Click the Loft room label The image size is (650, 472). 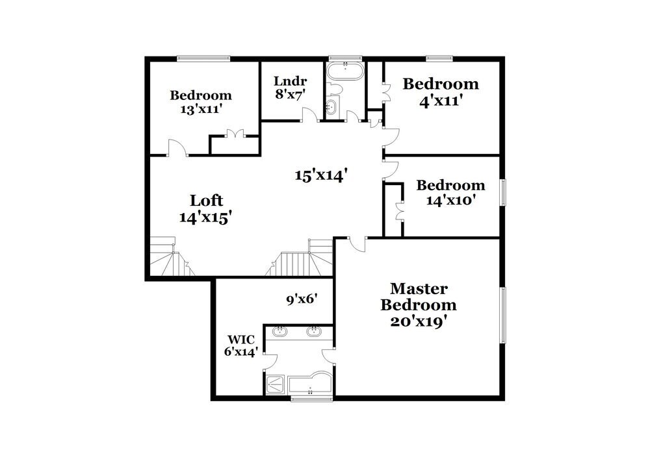[x=206, y=200]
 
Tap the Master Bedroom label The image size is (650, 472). [x=418, y=297]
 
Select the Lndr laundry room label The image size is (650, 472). [x=290, y=82]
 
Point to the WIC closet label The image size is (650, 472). [x=240, y=339]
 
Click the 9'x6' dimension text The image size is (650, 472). [x=302, y=300]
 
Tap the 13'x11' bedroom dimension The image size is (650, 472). [x=201, y=109]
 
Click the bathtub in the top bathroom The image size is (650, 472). [x=344, y=71]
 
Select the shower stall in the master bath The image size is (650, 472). [x=276, y=384]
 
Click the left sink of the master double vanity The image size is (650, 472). [x=280, y=332]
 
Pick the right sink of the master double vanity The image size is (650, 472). [x=313, y=332]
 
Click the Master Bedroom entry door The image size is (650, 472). [x=356, y=243]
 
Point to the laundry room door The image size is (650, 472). [x=309, y=116]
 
